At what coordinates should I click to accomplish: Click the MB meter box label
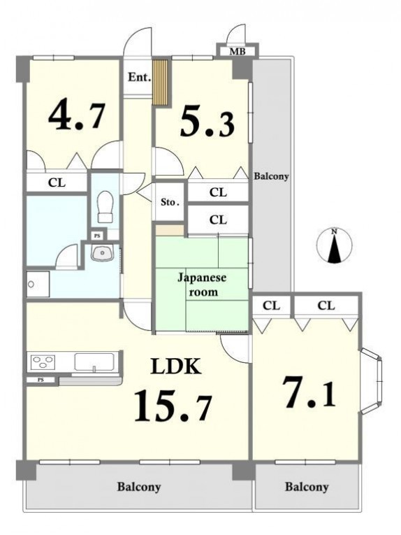coord(237,52)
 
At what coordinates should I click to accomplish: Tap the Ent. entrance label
coord(139,78)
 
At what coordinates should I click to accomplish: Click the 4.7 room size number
coord(76,114)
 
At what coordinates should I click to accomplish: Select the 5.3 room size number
coord(207,120)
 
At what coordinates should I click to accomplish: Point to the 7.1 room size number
coord(309,392)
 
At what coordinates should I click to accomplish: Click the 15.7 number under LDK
coord(173,406)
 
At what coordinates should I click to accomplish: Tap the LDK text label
coord(175,366)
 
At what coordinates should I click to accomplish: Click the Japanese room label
coord(202,285)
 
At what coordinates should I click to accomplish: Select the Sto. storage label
coord(170,202)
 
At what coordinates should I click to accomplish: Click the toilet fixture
coord(105,207)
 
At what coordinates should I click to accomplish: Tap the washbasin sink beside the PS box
coord(101,253)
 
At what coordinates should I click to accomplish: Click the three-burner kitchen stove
coord(43,361)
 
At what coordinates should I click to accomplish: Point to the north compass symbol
coord(334,245)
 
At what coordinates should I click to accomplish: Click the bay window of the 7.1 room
coord(372,380)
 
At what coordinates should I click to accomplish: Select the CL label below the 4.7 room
coord(57,183)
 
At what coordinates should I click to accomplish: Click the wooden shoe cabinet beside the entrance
coord(160,83)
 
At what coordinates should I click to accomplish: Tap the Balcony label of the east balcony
coord(271,176)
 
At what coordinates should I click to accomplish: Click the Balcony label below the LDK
coord(139,487)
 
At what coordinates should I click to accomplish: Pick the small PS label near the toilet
coord(97,236)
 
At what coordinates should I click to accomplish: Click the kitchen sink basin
coord(94,362)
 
